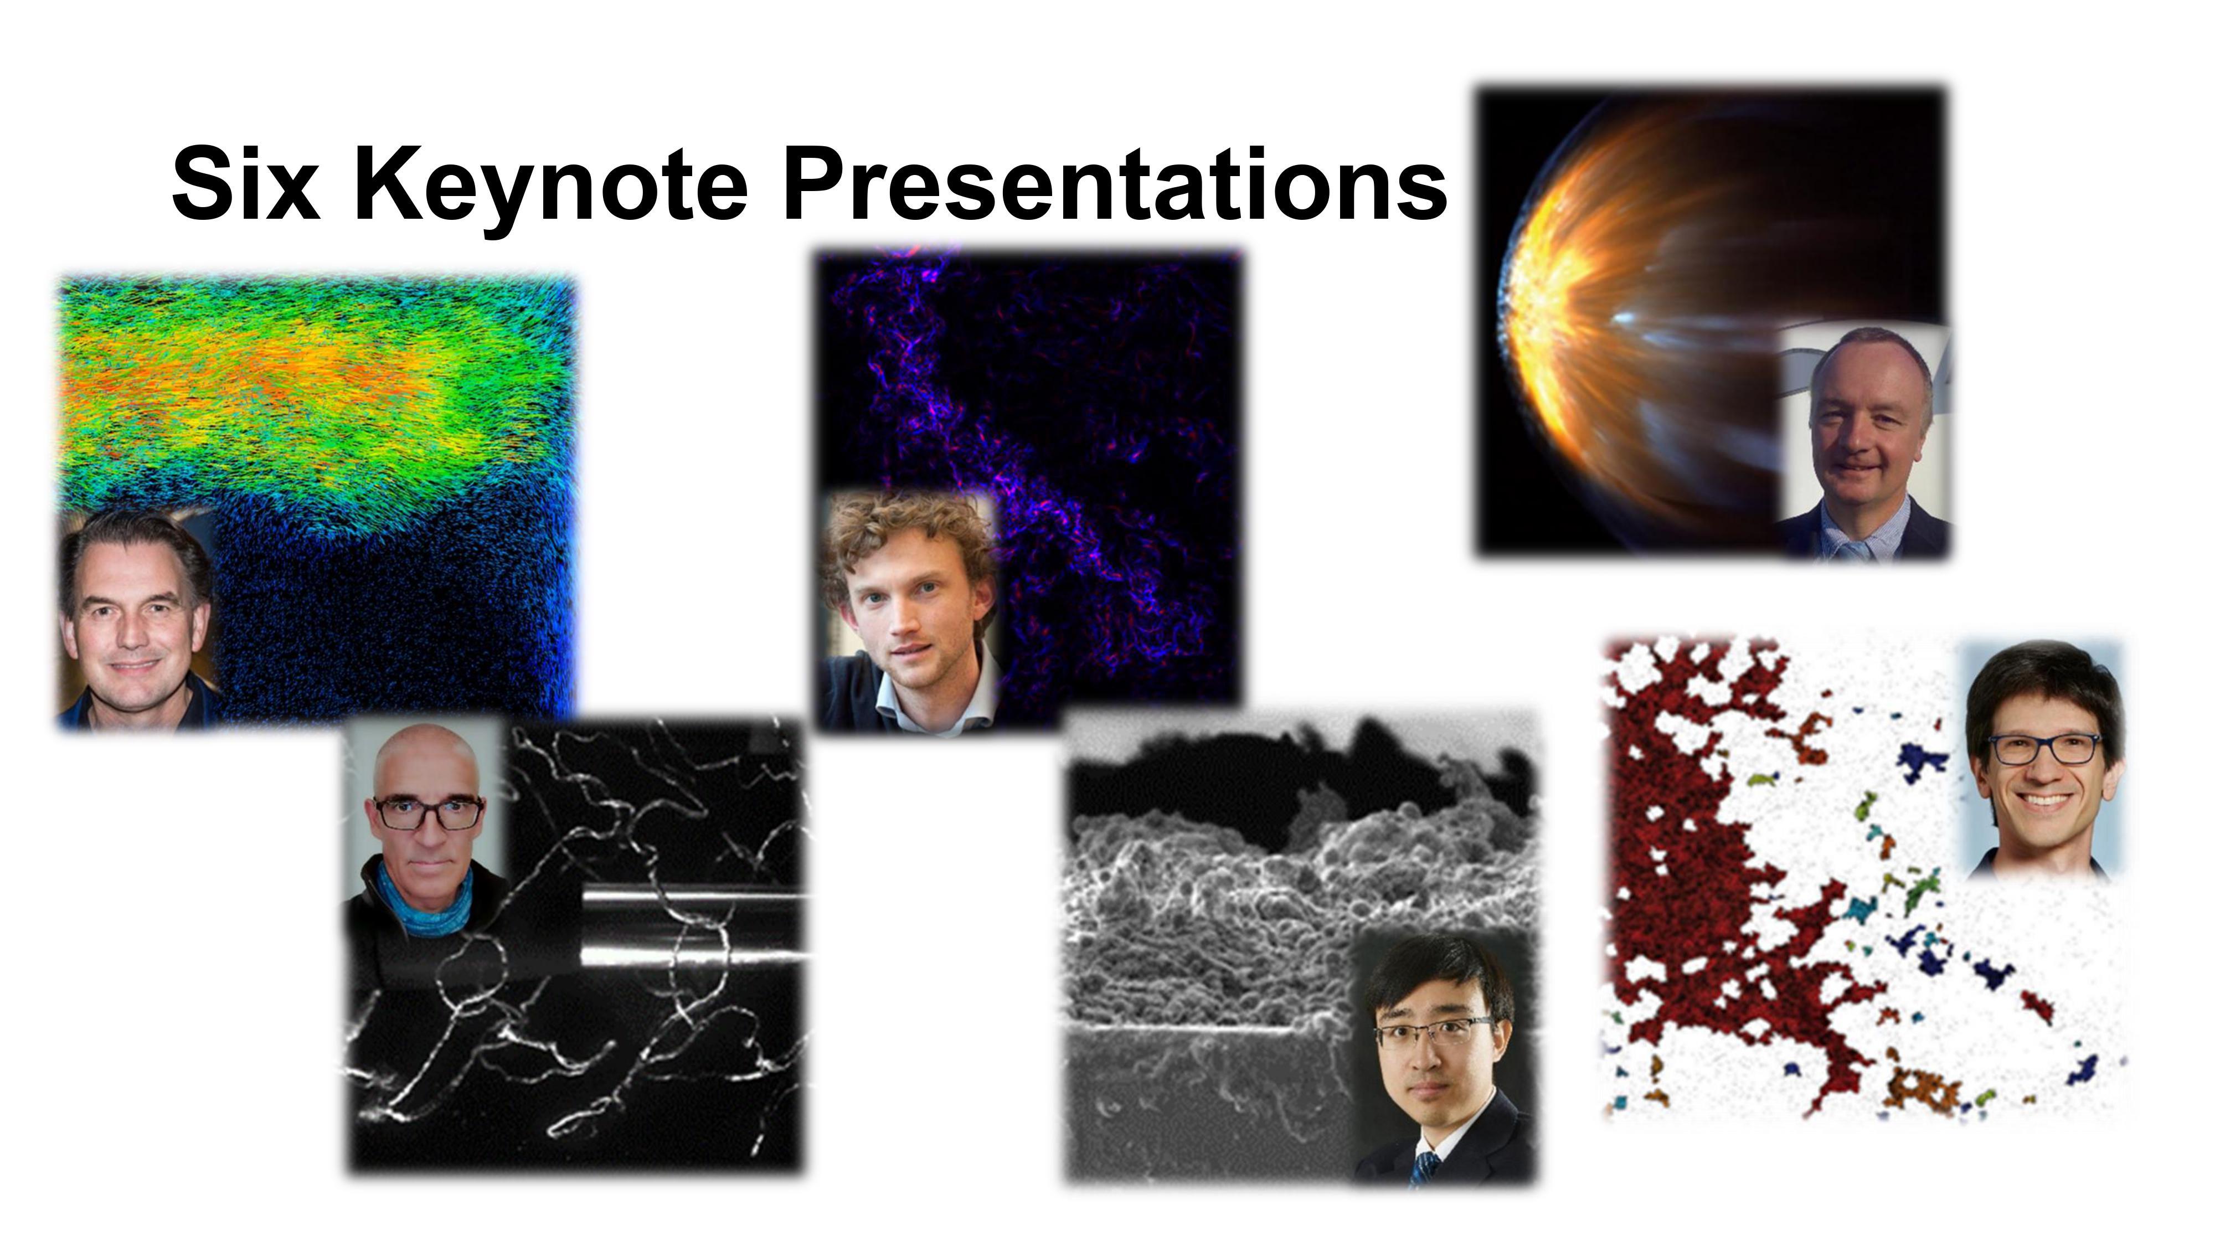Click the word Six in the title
point(246,184)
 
